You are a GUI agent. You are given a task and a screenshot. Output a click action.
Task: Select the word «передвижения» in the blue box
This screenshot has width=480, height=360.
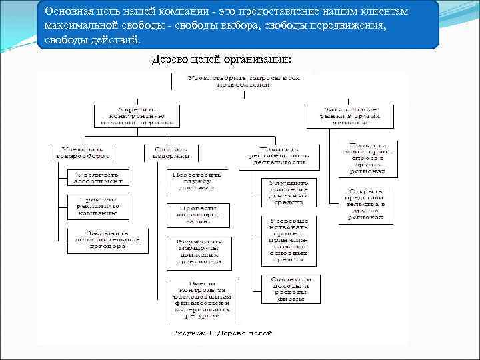tap(347, 27)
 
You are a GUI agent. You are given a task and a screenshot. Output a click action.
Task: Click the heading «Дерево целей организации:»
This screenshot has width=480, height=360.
tap(221, 59)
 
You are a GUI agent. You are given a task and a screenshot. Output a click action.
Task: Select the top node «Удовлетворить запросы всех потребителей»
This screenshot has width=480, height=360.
tap(243, 81)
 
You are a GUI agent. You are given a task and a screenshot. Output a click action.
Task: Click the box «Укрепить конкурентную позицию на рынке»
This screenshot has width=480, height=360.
tap(137, 115)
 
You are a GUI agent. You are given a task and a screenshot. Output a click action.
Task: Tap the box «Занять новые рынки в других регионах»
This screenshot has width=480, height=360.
tap(350, 115)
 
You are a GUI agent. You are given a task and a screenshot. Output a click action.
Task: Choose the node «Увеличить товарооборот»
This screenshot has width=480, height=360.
tap(82, 152)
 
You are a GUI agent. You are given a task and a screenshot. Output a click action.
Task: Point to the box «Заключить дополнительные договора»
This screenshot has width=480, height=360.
tap(106, 241)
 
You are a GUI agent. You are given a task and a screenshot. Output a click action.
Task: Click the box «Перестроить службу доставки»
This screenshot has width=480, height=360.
tap(197, 181)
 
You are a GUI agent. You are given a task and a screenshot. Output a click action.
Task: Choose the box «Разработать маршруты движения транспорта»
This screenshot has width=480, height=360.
tap(198, 251)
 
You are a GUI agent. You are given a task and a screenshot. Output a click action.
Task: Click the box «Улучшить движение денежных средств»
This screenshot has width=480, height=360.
tap(289, 191)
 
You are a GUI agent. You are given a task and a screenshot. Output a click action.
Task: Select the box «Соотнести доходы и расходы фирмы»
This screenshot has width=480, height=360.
tap(290, 289)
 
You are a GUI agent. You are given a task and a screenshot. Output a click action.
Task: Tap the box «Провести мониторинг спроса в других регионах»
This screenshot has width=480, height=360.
tap(367, 158)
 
